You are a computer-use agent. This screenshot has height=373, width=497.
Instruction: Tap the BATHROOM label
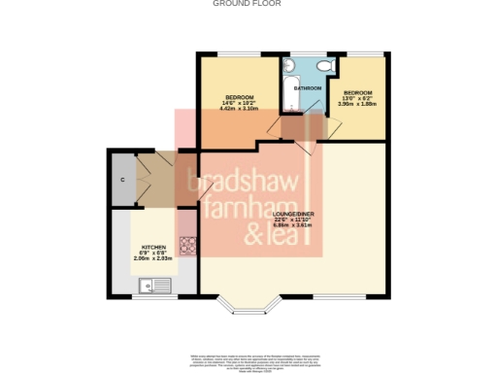tap(309, 88)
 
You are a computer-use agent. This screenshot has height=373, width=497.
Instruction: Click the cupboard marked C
tap(122, 181)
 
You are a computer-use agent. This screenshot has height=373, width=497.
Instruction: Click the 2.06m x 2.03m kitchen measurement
tap(155, 259)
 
